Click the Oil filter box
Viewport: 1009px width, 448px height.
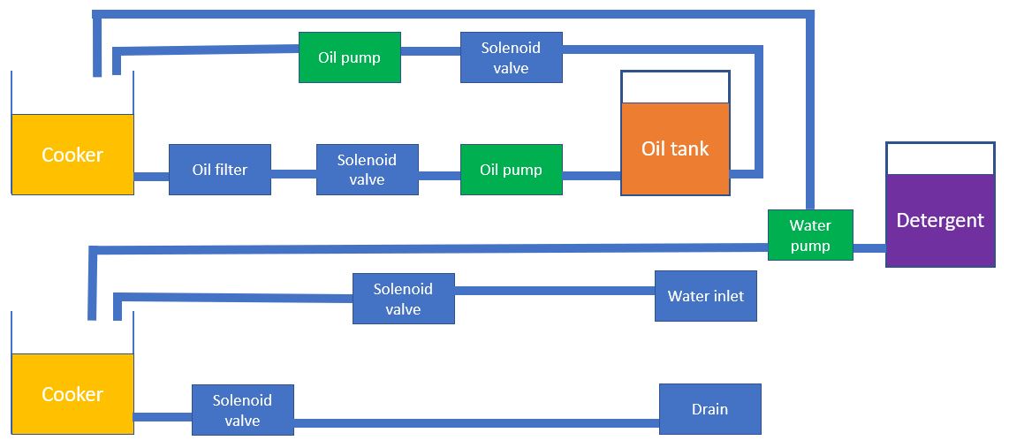click(220, 170)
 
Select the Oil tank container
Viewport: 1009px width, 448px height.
click(675, 148)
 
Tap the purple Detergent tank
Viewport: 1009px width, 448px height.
click(940, 220)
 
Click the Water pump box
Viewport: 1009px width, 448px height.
click(810, 235)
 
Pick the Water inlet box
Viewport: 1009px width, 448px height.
click(705, 296)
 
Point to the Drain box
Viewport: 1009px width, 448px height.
click(709, 409)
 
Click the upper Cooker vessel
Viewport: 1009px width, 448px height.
click(72, 154)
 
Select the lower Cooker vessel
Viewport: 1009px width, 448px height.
click(72, 394)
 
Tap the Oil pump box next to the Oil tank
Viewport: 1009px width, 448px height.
click(511, 170)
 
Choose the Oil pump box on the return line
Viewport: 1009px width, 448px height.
click(349, 57)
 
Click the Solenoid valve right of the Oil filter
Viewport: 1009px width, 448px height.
click(367, 170)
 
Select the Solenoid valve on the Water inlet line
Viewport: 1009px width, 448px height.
click(403, 299)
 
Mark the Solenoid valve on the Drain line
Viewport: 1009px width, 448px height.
click(242, 410)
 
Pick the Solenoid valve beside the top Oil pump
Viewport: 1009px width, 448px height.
click(511, 57)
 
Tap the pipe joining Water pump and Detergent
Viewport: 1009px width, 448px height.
click(869, 248)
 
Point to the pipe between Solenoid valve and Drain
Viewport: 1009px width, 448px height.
click(477, 422)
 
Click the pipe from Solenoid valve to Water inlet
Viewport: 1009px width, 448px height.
click(555, 291)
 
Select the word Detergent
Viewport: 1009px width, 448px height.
click(940, 220)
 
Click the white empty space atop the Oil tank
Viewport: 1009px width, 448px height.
click(675, 87)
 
